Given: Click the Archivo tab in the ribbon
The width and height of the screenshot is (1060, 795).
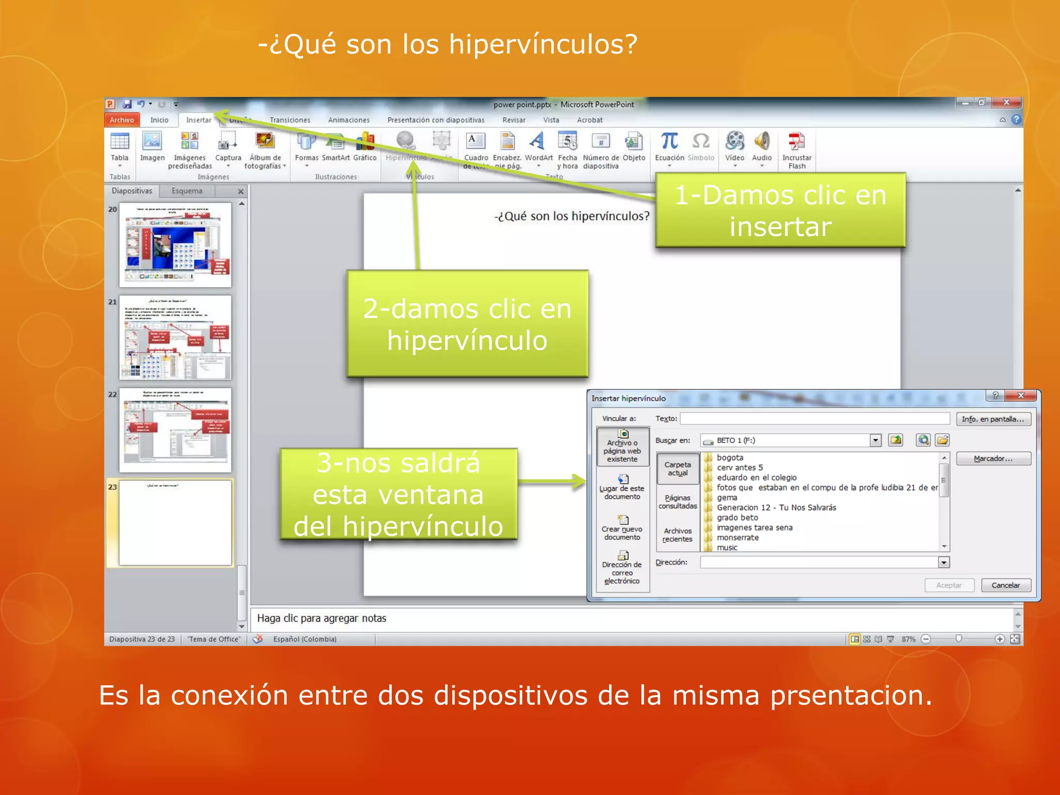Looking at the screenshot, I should click(x=122, y=120).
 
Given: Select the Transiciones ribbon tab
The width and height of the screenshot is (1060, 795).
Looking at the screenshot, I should click(x=290, y=120).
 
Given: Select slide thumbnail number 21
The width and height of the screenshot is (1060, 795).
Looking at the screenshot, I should click(x=175, y=337).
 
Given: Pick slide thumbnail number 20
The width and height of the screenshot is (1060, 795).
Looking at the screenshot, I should click(x=175, y=245).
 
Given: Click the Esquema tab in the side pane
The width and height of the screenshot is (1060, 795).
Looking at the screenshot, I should click(x=187, y=191).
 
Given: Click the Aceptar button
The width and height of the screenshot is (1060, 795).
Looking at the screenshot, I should click(x=949, y=585).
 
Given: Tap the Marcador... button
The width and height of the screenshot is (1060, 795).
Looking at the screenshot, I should click(x=993, y=459).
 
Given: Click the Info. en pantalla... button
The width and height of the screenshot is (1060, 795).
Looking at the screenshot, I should click(x=993, y=419).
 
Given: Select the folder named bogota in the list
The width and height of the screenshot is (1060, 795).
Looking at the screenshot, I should click(x=730, y=458).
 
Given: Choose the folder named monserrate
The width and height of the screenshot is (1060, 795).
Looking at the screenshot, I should click(x=738, y=538).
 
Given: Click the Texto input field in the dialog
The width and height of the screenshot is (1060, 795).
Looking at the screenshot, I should click(x=815, y=419).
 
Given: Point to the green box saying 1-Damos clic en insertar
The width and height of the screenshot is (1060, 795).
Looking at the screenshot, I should click(x=780, y=211).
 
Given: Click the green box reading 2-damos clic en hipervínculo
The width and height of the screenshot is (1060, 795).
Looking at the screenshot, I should click(x=467, y=324).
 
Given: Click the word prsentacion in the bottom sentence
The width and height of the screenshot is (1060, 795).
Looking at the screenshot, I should click(x=850, y=695).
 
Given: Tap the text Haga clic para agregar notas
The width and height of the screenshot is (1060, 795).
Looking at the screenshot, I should click(x=321, y=619).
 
